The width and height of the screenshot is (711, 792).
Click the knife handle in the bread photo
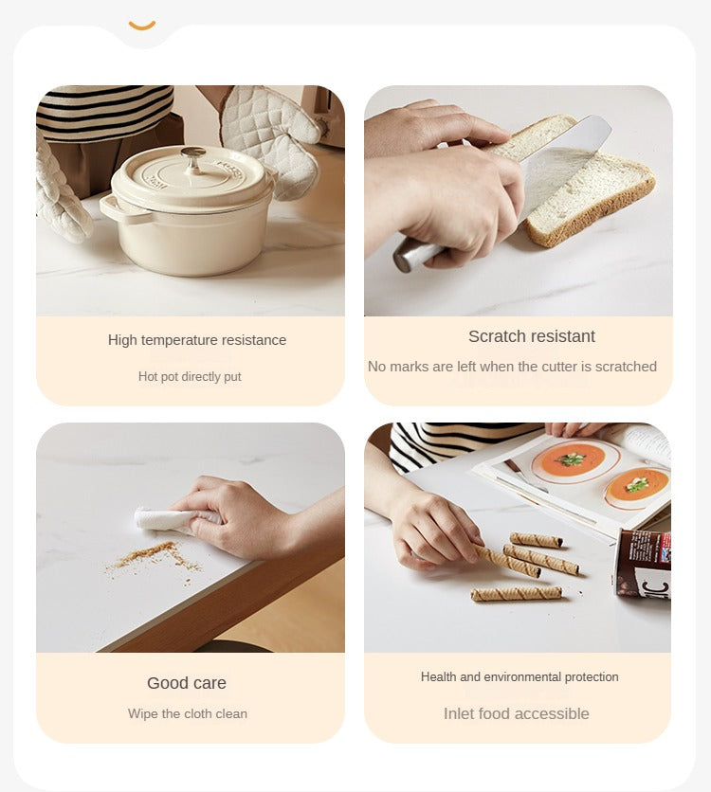click(x=418, y=255)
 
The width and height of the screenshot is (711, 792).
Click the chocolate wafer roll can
click(x=643, y=563)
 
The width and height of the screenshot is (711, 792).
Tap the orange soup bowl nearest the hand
click(x=569, y=459)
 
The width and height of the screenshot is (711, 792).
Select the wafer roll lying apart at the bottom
click(x=516, y=593)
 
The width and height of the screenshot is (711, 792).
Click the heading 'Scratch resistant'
click(x=532, y=336)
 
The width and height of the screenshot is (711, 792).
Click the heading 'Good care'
click(x=187, y=683)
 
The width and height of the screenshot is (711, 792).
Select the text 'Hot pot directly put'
click(x=190, y=377)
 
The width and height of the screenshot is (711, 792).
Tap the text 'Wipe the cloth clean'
click(x=188, y=713)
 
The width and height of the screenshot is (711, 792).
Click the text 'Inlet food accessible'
click(x=517, y=713)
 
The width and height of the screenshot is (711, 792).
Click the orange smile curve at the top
click(x=142, y=27)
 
